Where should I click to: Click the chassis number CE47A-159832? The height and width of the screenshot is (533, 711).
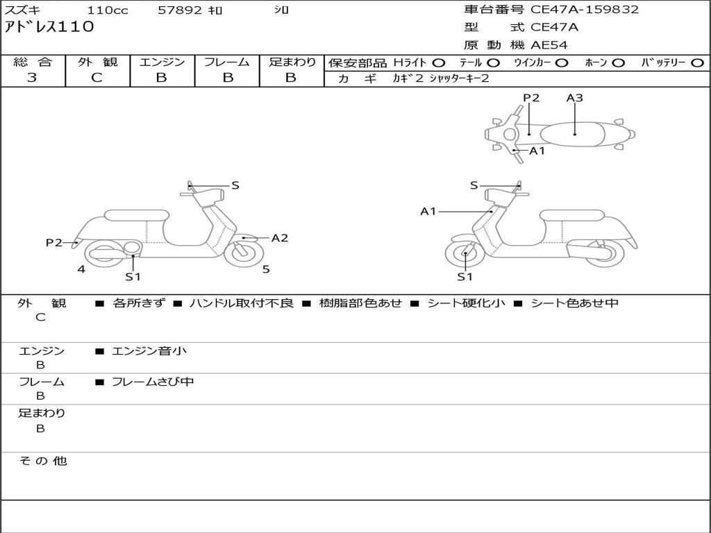pyautogui.click(x=585, y=10)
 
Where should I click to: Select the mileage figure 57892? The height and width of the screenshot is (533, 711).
pyautogui.click(x=180, y=10)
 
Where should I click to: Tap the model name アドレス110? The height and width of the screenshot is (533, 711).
pyautogui.click(x=49, y=27)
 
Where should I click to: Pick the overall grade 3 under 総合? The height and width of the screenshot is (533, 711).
pyautogui.click(x=32, y=78)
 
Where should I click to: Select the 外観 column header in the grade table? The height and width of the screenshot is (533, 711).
pyautogui.click(x=97, y=62)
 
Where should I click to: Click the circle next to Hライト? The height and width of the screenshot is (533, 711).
pyautogui.click(x=439, y=63)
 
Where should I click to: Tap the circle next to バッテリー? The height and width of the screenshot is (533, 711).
pyautogui.click(x=697, y=63)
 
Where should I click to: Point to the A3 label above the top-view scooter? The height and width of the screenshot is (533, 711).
pyautogui.click(x=574, y=97)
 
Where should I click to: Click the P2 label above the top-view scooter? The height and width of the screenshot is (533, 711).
pyautogui.click(x=531, y=97)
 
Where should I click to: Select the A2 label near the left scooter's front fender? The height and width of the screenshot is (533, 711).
pyautogui.click(x=279, y=238)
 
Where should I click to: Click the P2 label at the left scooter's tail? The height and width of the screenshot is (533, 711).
pyautogui.click(x=54, y=243)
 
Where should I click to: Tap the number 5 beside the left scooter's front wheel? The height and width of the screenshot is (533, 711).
pyautogui.click(x=266, y=269)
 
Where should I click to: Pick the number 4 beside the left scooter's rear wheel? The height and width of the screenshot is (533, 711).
pyautogui.click(x=81, y=269)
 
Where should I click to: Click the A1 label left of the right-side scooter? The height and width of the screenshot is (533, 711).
pyautogui.click(x=428, y=211)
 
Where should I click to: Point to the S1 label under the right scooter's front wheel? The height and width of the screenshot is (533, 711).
pyautogui.click(x=465, y=277)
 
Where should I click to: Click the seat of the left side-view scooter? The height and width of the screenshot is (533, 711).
pyautogui.click(x=137, y=215)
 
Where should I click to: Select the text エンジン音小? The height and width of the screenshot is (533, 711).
pyautogui.click(x=149, y=350)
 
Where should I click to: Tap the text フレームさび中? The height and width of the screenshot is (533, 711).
pyautogui.click(x=153, y=382)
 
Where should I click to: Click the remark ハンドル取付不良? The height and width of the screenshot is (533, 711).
pyautogui.click(x=242, y=303)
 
